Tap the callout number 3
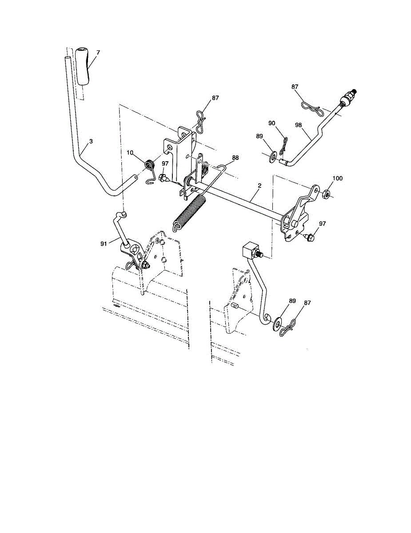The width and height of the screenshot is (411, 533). click(91, 141)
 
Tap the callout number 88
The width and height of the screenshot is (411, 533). click(235, 157)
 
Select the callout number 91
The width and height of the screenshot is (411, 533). click(104, 243)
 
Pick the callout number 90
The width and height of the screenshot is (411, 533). click(272, 123)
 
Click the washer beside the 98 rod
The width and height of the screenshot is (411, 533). click(272, 155)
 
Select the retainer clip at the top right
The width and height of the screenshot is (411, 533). click(311, 106)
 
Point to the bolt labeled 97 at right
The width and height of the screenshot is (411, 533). click(310, 238)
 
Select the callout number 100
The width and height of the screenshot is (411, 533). click(337, 178)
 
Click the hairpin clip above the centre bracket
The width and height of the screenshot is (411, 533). click(200, 122)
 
